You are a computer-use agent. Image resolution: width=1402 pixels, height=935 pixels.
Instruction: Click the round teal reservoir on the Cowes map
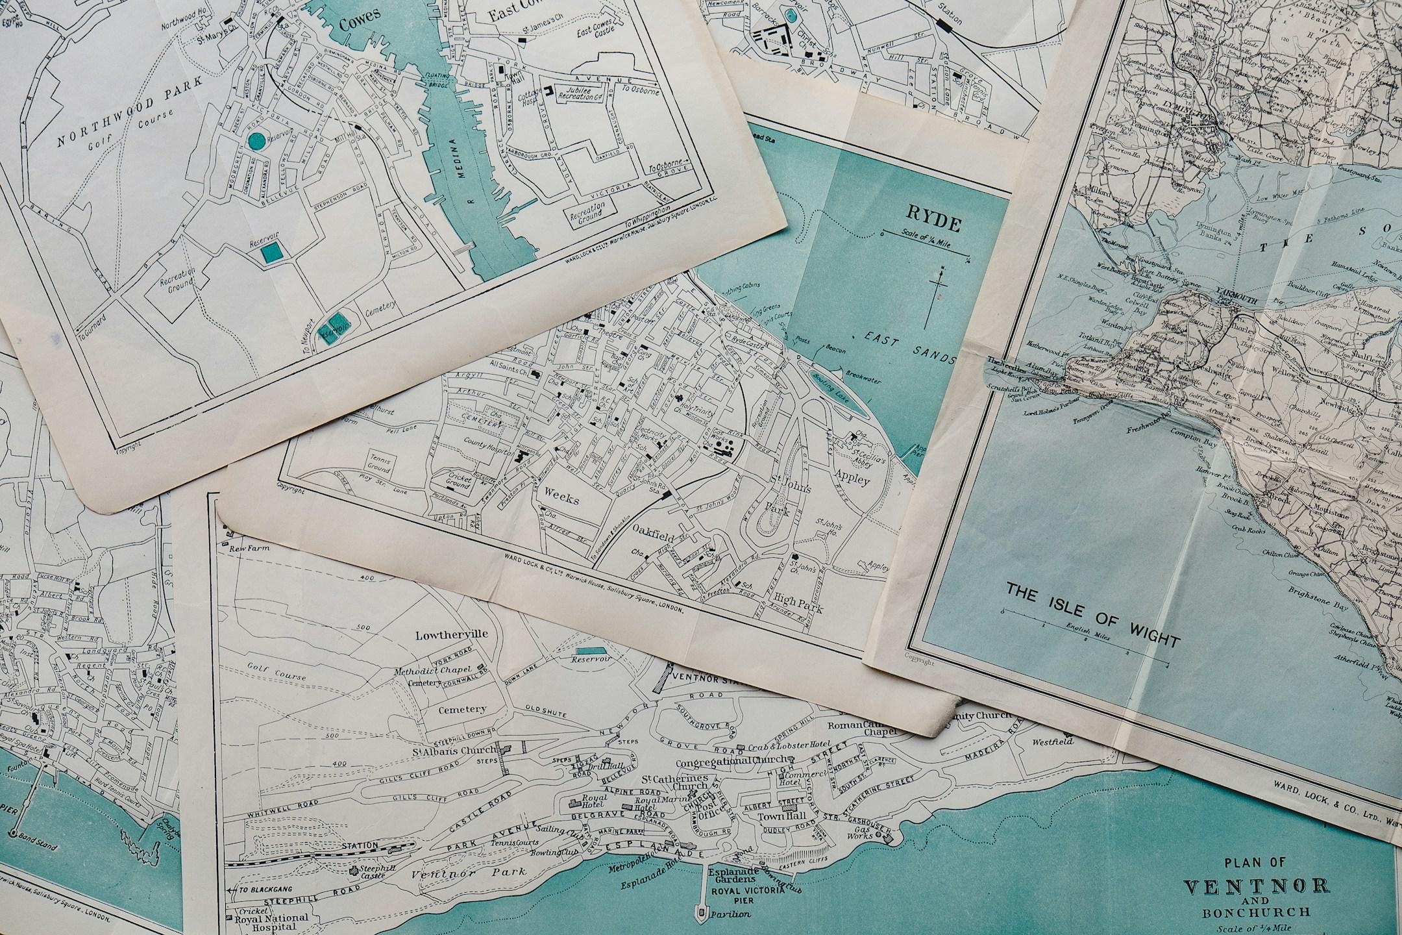257,140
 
